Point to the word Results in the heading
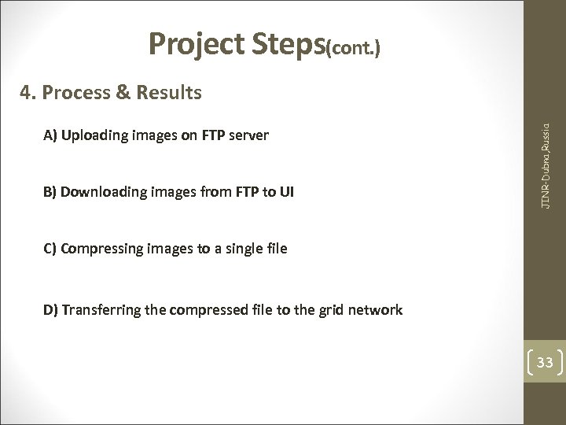coord(169,94)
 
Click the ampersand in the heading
coord(124,94)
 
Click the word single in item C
coord(242,249)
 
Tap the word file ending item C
coord(277,249)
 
